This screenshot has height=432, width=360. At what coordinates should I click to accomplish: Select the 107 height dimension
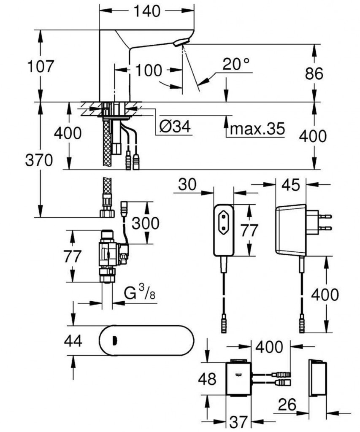pyautogui.click(x=41, y=67)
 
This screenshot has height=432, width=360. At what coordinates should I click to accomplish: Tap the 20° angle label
pyautogui.click(x=236, y=65)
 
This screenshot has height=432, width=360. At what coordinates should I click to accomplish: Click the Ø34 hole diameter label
pyautogui.click(x=174, y=126)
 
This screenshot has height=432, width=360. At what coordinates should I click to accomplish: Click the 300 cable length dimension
pyautogui.click(x=146, y=223)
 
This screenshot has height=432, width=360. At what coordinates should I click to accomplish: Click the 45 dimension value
pyautogui.click(x=291, y=184)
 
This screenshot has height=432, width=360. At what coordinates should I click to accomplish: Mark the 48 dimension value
pyautogui.click(x=207, y=378)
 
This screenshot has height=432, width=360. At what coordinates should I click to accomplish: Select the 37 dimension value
pyautogui.click(x=238, y=421)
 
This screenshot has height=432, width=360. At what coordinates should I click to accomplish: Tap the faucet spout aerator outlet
pyautogui.click(x=181, y=43)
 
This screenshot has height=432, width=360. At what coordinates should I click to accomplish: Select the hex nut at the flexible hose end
pyautogui.click(x=108, y=213)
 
